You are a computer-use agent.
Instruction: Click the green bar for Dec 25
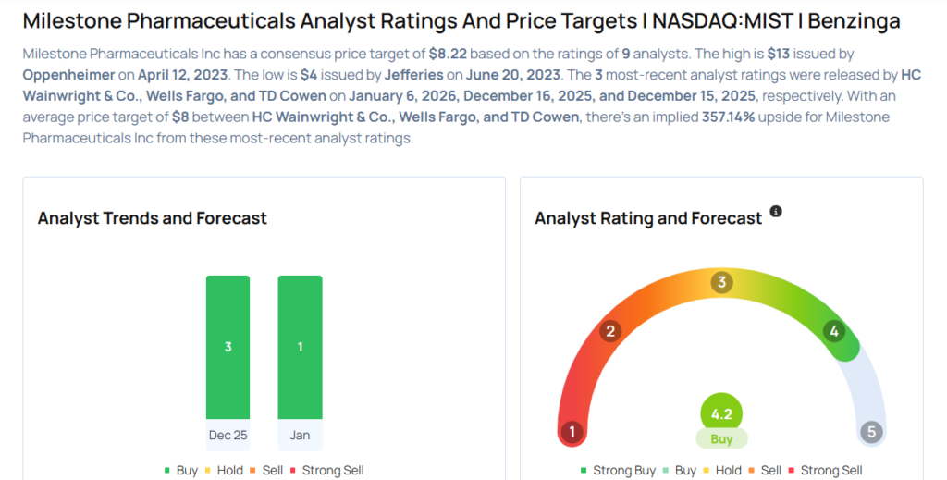(x=228, y=347)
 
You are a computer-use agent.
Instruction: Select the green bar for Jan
(x=300, y=347)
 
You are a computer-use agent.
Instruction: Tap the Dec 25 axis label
(x=228, y=435)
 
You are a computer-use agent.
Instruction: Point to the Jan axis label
(x=300, y=435)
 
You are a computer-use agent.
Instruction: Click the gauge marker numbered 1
(x=572, y=432)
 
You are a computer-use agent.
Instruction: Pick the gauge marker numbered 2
(x=610, y=331)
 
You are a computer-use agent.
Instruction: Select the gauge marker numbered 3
(x=721, y=282)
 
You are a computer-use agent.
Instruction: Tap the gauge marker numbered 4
(x=834, y=331)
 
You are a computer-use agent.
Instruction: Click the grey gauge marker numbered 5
(x=871, y=432)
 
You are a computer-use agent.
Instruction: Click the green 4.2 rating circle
(x=721, y=413)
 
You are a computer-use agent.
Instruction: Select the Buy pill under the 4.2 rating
(x=721, y=438)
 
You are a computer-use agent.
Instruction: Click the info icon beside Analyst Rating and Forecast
(x=776, y=212)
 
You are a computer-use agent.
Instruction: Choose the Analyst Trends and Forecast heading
(x=152, y=218)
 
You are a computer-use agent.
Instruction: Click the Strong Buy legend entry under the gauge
(x=619, y=470)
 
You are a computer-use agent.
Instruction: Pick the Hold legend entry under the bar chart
(x=224, y=470)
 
